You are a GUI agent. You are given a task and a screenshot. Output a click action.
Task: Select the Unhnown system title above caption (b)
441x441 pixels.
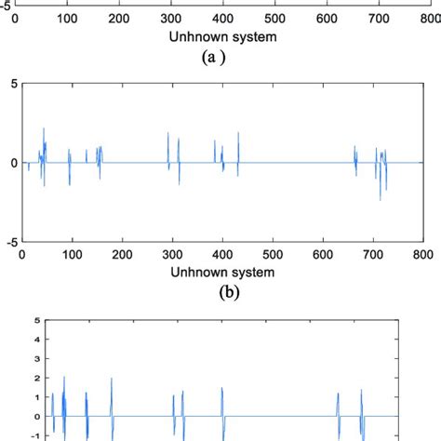point(222,273)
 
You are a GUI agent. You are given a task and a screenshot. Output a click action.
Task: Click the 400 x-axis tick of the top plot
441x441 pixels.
point(222,17)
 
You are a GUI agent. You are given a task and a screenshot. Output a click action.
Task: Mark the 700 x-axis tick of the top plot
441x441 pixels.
point(373,17)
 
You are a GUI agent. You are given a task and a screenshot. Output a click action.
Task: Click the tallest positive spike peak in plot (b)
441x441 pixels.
point(44,128)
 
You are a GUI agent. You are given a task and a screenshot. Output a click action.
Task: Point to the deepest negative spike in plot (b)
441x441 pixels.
point(380,200)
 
